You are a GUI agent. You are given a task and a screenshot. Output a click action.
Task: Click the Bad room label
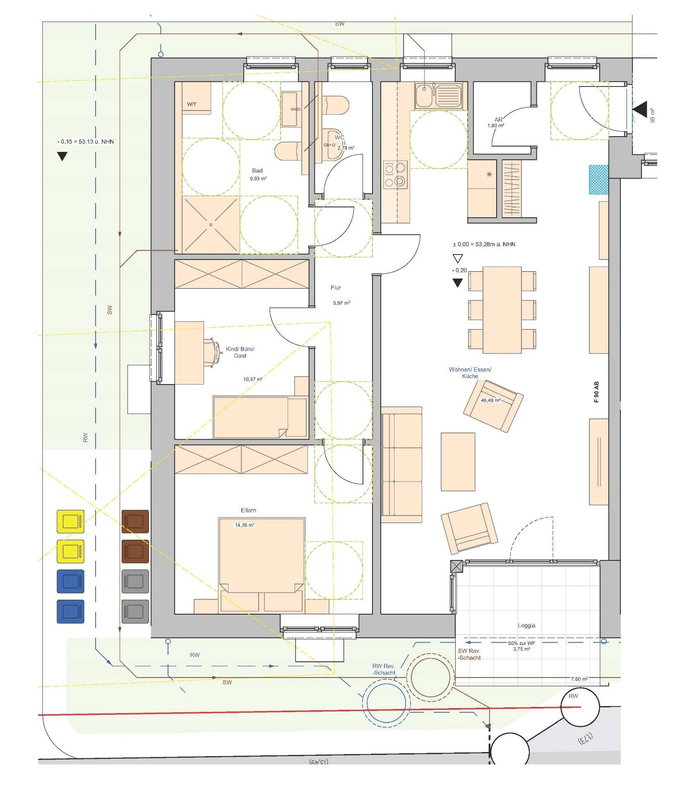click(257, 171)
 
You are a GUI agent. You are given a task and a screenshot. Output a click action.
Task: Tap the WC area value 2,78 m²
click(346, 148)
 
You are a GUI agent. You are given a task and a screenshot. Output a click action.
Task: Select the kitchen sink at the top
click(438, 96)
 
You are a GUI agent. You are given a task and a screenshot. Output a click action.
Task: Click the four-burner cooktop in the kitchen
click(395, 175)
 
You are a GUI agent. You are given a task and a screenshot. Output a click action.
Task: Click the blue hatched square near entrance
click(598, 179)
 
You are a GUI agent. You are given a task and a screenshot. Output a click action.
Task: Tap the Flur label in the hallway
click(336, 287)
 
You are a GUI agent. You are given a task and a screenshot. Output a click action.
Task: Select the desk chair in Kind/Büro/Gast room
click(212, 352)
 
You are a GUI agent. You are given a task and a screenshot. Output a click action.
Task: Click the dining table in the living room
click(502, 310)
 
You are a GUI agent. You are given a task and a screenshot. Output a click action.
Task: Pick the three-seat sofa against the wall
click(401, 464)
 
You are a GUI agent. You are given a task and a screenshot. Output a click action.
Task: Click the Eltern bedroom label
click(248, 510)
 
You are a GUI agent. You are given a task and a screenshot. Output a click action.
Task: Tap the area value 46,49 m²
click(490, 400)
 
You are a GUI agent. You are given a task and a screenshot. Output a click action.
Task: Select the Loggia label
click(526, 625)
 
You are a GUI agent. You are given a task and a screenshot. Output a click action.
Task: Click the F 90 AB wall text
click(596, 392)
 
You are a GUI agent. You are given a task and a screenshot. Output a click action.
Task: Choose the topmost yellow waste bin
click(70, 521)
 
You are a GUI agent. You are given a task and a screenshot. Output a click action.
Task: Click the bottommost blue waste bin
click(70, 611)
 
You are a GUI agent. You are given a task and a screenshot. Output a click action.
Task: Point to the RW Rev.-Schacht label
click(383, 669)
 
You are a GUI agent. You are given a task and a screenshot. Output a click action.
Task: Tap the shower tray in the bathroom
click(211, 225)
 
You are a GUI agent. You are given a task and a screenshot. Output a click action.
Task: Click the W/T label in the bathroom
click(192, 104)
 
